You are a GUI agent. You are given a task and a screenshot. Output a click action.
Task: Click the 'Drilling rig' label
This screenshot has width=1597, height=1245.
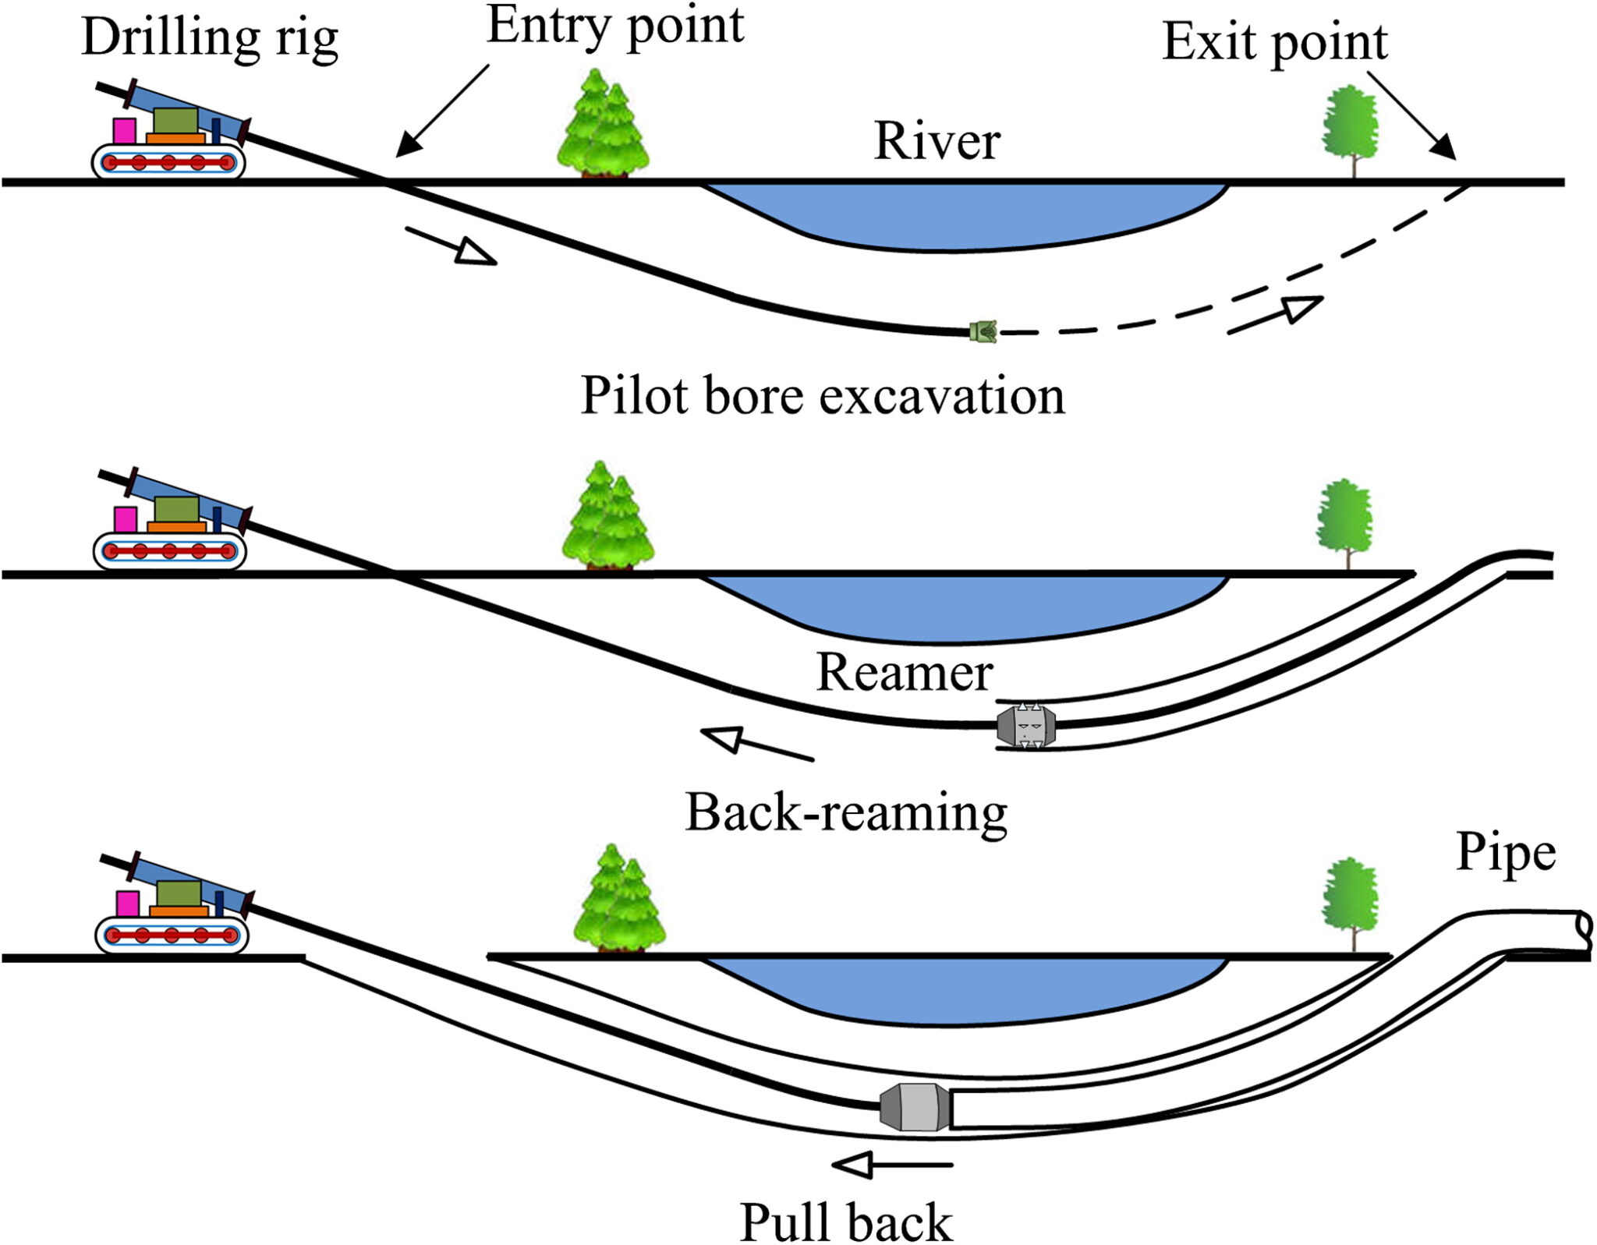coord(209,38)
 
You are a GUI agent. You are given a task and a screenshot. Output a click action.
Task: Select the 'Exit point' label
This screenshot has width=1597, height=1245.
coord(1274,42)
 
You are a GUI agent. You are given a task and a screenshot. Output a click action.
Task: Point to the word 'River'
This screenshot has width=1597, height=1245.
coord(937,141)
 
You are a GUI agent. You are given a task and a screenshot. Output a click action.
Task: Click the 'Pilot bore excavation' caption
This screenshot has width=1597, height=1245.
coord(822,396)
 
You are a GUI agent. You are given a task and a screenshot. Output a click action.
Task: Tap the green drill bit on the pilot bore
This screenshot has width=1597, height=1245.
coord(983,332)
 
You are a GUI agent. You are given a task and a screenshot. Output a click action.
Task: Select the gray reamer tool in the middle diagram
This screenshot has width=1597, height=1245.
coord(1026,726)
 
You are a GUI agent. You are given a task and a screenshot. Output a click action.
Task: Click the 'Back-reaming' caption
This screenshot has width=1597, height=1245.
coord(846,813)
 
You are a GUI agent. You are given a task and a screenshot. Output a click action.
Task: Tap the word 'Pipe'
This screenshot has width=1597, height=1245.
coord(1506,852)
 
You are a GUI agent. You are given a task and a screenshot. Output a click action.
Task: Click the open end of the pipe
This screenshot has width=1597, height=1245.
coord(1583,928)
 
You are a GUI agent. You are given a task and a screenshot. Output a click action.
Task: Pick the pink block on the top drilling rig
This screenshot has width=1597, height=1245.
coord(124,130)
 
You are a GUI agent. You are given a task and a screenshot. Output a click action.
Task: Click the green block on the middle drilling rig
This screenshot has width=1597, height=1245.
coord(177,510)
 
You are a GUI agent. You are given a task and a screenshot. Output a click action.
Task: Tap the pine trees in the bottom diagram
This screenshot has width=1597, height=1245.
coord(619,900)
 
